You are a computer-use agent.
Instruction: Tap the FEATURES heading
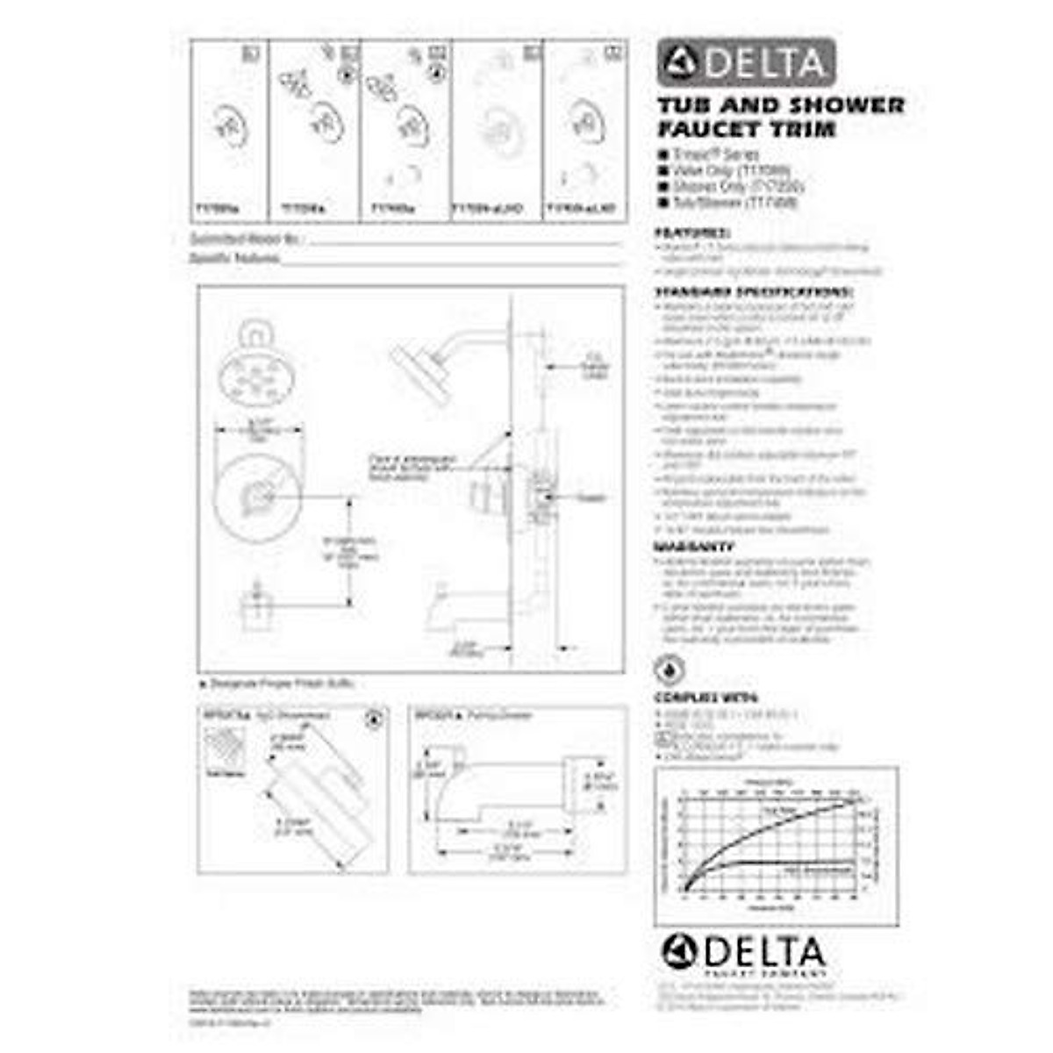tap(692, 234)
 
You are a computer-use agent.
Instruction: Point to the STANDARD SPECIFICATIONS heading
tap(754, 292)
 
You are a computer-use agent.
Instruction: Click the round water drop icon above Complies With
tap(670, 670)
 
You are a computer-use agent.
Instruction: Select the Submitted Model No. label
tap(246, 239)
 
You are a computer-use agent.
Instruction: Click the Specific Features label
tap(235, 258)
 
